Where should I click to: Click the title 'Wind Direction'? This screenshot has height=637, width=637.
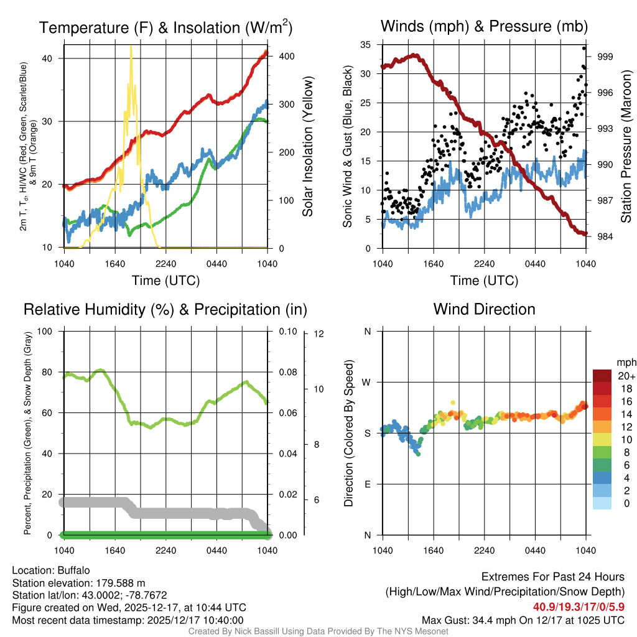pyautogui.click(x=484, y=309)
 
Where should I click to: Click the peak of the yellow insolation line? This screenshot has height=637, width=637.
pyautogui.click(x=131, y=47)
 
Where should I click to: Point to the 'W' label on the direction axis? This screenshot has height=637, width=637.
pyautogui.click(x=368, y=382)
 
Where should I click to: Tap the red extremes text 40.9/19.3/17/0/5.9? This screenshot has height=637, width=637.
pyautogui.click(x=579, y=607)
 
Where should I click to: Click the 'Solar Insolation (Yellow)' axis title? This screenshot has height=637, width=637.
pyautogui.click(x=307, y=146)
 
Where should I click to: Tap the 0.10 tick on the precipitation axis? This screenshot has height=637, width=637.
pyautogui.click(x=287, y=331)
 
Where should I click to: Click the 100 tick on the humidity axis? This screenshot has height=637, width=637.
pyautogui.click(x=52, y=331)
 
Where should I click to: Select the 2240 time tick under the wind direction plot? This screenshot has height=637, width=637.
pyautogui.click(x=484, y=551)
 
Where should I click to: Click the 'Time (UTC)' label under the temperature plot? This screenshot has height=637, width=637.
pyautogui.click(x=165, y=281)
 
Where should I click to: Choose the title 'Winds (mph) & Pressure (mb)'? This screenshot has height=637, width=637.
pyautogui.click(x=484, y=26)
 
